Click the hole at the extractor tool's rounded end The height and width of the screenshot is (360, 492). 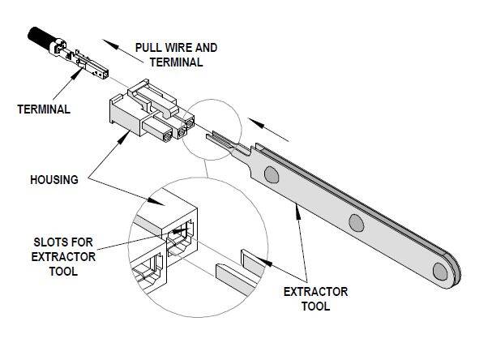[443, 270]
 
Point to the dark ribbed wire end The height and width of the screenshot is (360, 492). [41, 37]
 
